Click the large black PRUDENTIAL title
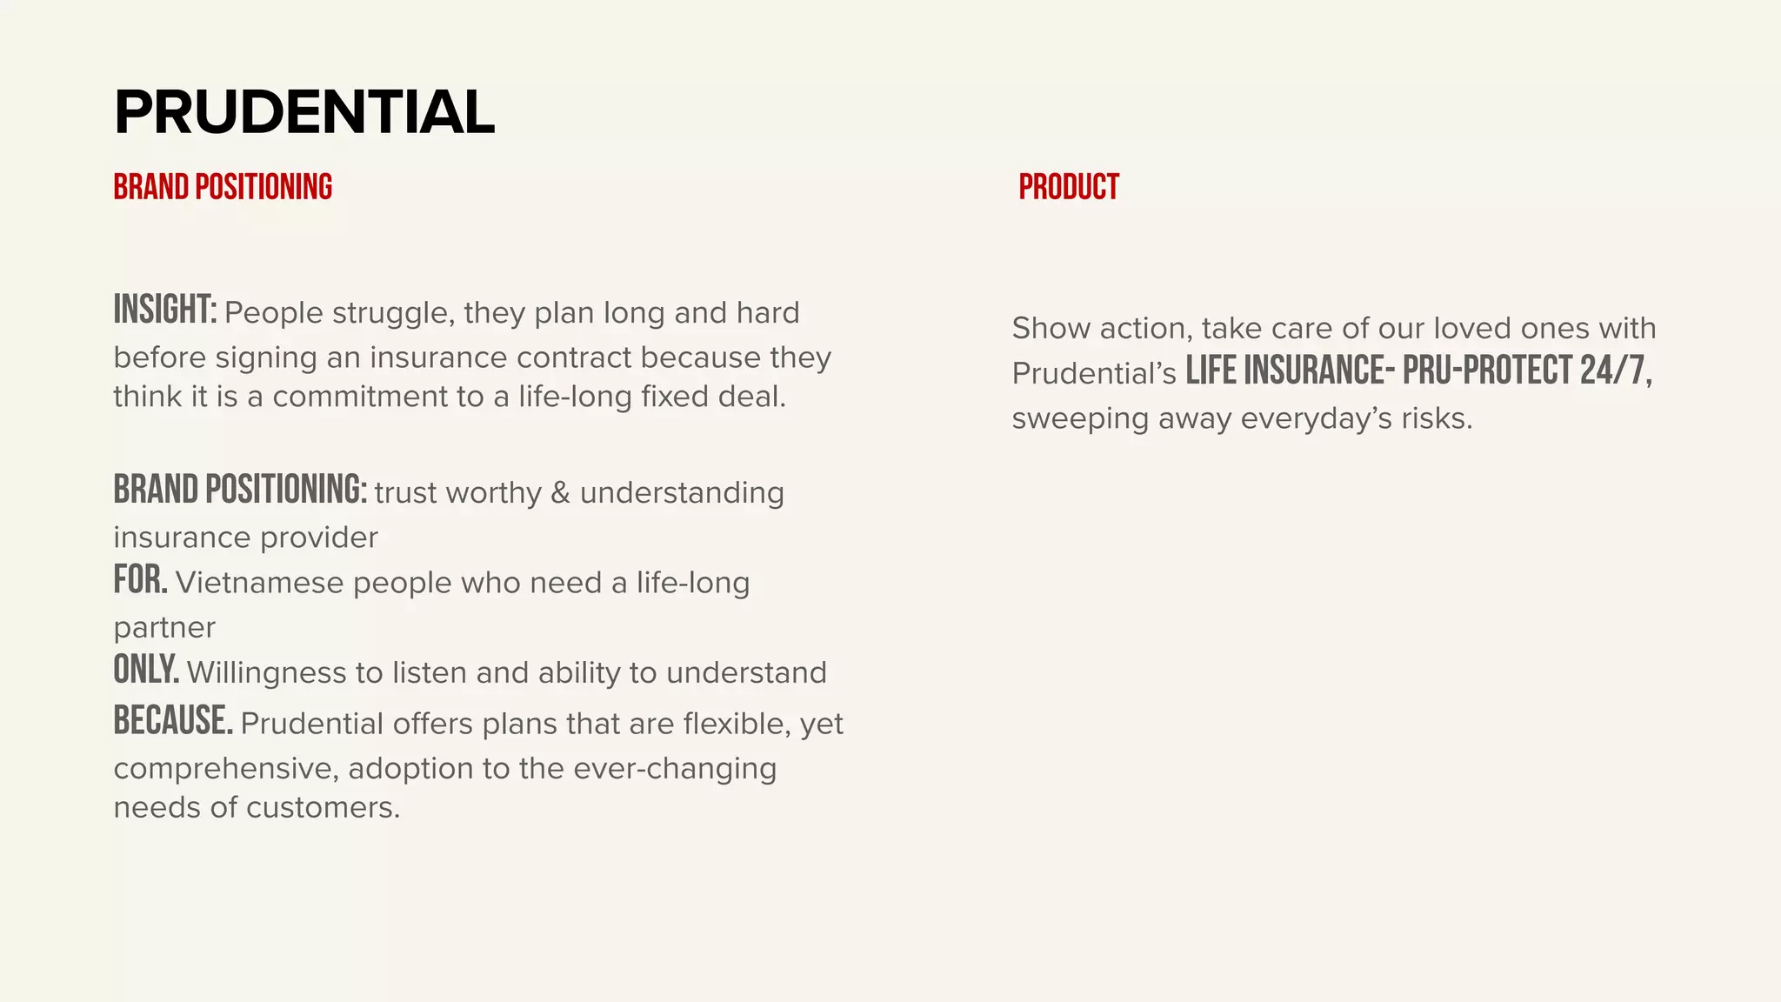pos(304,112)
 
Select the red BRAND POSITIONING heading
pos(223,187)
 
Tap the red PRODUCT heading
pos(1069,187)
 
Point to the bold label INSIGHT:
pos(165,311)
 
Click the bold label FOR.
pos(140,580)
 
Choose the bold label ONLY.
pos(146,671)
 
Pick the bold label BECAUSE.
pos(173,721)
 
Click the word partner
pos(164,628)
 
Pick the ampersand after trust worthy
pos(561,493)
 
